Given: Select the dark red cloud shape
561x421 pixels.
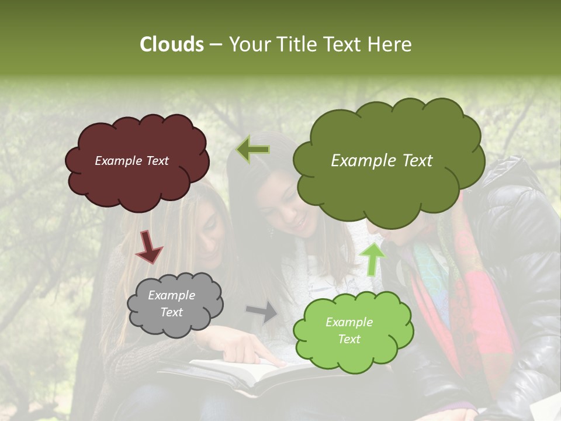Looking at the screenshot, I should [137, 181].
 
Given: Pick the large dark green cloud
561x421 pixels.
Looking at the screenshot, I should [389, 187].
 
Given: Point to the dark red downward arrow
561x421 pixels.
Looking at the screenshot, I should [148, 246].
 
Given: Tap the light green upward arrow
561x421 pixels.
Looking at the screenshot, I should [372, 258].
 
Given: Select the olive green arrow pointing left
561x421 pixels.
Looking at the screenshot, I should [253, 150].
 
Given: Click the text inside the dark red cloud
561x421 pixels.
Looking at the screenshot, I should [131, 161].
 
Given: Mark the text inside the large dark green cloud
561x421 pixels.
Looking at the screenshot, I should [382, 161].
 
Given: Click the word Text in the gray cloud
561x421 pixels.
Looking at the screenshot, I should [171, 312].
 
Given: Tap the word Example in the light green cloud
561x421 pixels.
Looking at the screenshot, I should [349, 322].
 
